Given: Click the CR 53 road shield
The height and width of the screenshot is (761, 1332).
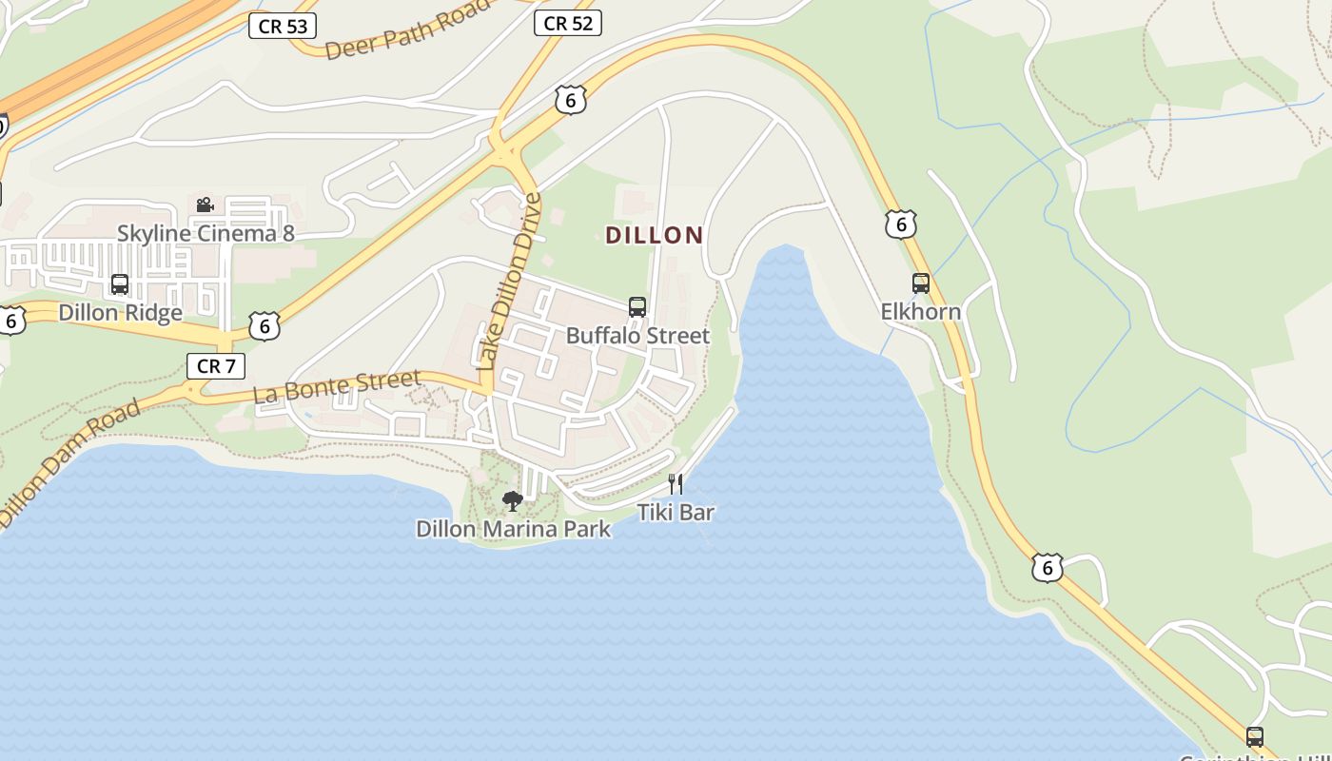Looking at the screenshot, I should pyautogui.click(x=283, y=26).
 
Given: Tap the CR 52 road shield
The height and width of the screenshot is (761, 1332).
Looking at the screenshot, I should pyautogui.click(x=568, y=23).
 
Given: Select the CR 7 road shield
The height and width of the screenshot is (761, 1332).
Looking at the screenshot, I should pyautogui.click(x=215, y=365).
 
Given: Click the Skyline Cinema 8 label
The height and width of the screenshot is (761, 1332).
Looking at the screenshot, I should pyautogui.click(x=206, y=233).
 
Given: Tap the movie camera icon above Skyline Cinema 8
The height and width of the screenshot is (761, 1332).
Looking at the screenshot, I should pyautogui.click(x=205, y=205).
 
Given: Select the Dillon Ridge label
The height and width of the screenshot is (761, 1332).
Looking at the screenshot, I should pyautogui.click(x=120, y=313).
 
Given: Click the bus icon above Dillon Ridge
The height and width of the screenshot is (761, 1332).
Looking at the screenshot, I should pyautogui.click(x=120, y=283).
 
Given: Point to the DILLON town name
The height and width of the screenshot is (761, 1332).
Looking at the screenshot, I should pyautogui.click(x=655, y=235).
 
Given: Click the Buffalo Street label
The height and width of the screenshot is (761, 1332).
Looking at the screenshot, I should pyautogui.click(x=637, y=336).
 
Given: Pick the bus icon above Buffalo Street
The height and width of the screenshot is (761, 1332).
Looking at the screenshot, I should pyautogui.click(x=637, y=306).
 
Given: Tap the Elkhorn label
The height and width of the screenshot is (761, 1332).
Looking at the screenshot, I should pyautogui.click(x=920, y=312).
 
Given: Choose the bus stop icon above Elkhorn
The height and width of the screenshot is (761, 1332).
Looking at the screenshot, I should pyautogui.click(x=920, y=283).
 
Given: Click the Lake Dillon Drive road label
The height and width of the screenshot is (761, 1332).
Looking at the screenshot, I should pyautogui.click(x=509, y=282).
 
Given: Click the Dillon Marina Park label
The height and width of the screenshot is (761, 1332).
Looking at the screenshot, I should pyautogui.click(x=513, y=529).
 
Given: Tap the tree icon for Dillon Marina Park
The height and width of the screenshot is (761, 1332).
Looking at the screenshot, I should pyautogui.click(x=513, y=500).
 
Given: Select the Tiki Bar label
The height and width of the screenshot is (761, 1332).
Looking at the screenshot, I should pyautogui.click(x=676, y=513).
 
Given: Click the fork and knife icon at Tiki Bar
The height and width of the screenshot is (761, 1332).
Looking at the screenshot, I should pyautogui.click(x=676, y=484).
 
